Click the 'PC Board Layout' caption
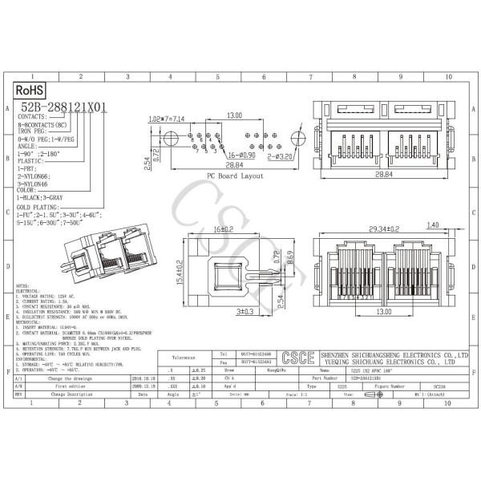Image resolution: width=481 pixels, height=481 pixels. tap(236, 174)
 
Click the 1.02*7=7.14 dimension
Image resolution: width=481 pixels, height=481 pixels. tap(166, 119)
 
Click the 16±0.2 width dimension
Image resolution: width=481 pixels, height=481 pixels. tap(224, 228)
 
